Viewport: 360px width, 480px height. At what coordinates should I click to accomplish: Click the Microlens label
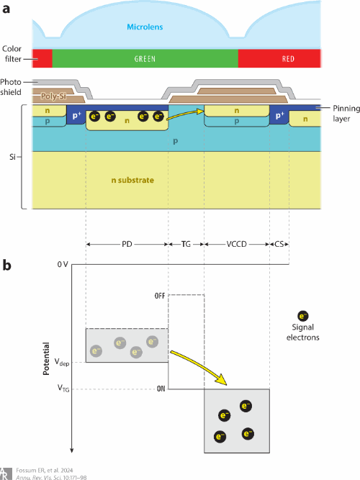coord(145,27)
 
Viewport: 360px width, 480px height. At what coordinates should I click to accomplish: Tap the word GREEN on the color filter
coord(145,59)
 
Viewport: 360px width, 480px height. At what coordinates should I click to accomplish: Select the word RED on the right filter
coord(288,59)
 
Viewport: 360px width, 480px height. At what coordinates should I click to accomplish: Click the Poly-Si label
coord(53,96)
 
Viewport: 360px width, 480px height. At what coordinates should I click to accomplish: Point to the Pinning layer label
coord(346,113)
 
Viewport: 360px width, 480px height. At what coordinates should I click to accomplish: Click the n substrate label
coord(132,180)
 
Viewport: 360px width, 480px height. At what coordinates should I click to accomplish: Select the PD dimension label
coord(127,244)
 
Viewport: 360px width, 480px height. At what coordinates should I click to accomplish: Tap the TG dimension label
coord(186,244)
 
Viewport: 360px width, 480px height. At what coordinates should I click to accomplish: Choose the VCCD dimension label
coord(237,244)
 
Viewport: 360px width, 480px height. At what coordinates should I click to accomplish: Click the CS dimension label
coord(279,244)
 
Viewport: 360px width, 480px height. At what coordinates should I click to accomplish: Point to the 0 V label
coord(63,264)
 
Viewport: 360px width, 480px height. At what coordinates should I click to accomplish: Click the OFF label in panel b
coord(160,296)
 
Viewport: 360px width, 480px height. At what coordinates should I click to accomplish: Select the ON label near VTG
coord(161,389)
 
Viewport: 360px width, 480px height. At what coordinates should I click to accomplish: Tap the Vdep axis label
coord(62,362)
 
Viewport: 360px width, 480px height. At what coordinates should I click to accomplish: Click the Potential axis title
coord(46,358)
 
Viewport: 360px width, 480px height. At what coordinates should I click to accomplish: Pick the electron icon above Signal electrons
coord(302,316)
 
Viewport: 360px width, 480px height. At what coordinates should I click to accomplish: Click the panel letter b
coord(6,265)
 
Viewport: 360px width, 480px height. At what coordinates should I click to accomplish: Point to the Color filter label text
coord(12,53)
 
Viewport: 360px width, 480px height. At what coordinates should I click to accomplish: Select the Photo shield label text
coord(11,87)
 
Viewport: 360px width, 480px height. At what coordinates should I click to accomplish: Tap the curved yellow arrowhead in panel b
coord(221,380)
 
